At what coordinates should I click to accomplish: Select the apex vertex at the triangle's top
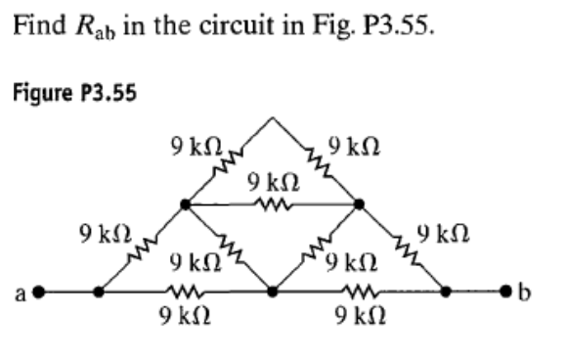point(273,119)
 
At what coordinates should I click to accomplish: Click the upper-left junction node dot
point(186,205)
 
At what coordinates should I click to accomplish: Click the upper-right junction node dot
point(359,205)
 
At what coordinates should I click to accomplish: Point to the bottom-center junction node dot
point(273,292)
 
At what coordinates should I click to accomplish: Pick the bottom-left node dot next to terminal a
point(99,292)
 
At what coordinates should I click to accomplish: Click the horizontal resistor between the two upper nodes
point(272,205)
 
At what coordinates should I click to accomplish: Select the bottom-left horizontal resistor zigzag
point(186,292)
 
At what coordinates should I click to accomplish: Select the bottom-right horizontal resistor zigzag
point(359,292)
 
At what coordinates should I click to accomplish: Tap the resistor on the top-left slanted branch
point(229,162)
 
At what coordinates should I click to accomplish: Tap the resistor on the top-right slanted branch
point(315,161)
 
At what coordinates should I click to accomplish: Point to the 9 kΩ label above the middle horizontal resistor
point(273,183)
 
